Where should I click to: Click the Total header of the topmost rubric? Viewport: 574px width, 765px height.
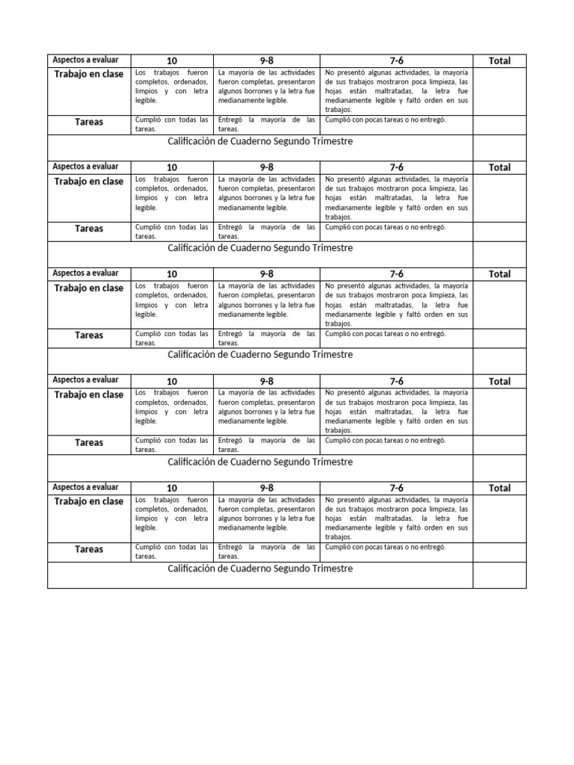pyautogui.click(x=499, y=61)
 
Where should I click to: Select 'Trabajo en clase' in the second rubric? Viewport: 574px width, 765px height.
pyautogui.click(x=89, y=182)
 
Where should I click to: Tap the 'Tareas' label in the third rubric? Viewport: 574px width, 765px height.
pyautogui.click(x=89, y=335)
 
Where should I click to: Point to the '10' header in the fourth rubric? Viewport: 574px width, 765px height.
pyautogui.click(x=172, y=382)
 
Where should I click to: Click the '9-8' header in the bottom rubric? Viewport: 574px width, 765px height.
pyautogui.click(x=267, y=489)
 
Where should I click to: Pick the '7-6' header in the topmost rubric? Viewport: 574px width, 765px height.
pyautogui.click(x=396, y=61)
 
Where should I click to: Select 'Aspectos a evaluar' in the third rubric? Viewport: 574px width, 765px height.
pyautogui.click(x=86, y=273)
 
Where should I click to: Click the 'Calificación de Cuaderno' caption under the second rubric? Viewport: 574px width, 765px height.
pyautogui.click(x=260, y=248)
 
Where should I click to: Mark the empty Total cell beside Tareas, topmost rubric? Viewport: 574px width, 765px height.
pyautogui.click(x=499, y=125)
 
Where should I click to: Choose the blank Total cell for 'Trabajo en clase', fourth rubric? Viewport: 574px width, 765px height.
pyautogui.click(x=499, y=411)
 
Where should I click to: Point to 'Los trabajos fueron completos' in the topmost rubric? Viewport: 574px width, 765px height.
pyautogui.click(x=172, y=87)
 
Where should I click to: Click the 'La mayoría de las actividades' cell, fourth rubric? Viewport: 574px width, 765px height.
pyautogui.click(x=267, y=406)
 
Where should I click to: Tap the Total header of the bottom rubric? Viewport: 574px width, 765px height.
pyautogui.click(x=499, y=489)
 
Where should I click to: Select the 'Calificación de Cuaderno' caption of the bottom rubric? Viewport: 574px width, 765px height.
pyautogui.click(x=260, y=569)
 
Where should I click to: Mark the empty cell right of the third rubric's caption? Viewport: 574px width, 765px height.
pyautogui.click(x=499, y=361)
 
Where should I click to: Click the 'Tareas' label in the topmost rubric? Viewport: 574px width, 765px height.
pyautogui.click(x=89, y=122)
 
